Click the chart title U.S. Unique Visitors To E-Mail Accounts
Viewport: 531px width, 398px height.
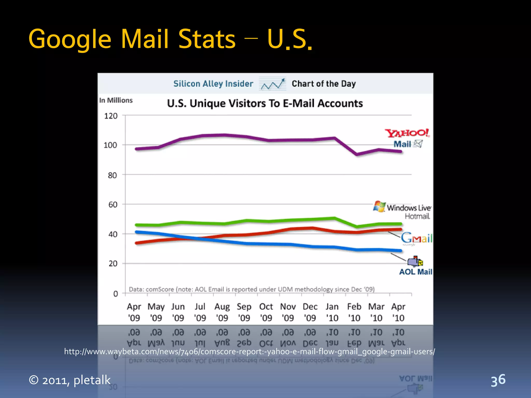tap(264, 103)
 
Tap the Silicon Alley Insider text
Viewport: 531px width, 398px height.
tap(213, 84)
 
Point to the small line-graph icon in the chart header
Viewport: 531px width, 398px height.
tap(272, 84)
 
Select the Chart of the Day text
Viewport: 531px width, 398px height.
tap(324, 84)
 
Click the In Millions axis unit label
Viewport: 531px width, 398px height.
tap(116, 100)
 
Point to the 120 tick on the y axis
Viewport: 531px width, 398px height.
tap(111, 116)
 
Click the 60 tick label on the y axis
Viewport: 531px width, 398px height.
tap(113, 205)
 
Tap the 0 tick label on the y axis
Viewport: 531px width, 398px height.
tap(115, 294)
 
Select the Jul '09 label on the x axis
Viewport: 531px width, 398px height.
tap(200, 312)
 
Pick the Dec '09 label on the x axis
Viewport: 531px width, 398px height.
tap(310, 312)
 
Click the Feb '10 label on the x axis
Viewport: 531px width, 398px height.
tap(354, 312)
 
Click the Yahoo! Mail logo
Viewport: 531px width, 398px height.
tap(407, 138)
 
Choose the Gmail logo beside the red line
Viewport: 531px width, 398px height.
tap(416, 238)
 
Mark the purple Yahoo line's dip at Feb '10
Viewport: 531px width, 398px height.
tap(357, 154)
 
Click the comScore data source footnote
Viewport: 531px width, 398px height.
tap(251, 289)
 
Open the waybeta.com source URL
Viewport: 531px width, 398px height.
tap(249, 352)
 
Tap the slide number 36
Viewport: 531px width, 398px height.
tap(498, 380)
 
